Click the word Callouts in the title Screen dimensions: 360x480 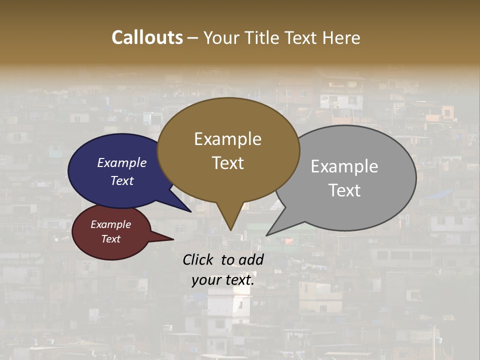pyautogui.click(x=147, y=37)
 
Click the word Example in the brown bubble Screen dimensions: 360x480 pyautogui.click(x=227, y=139)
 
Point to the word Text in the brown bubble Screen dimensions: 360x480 pyautogui.click(x=227, y=163)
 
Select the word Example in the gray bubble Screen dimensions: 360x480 pyautogui.click(x=344, y=166)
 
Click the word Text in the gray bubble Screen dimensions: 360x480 pyautogui.click(x=344, y=190)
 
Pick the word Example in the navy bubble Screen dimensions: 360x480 pyautogui.click(x=121, y=162)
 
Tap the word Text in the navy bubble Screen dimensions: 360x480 pyautogui.click(x=121, y=180)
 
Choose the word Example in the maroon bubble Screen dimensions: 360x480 pyautogui.click(x=110, y=224)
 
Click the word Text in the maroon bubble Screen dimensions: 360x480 pyautogui.click(x=110, y=239)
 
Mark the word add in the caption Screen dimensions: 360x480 pyautogui.click(x=251, y=259)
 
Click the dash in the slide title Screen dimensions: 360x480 pyautogui.click(x=193, y=38)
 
